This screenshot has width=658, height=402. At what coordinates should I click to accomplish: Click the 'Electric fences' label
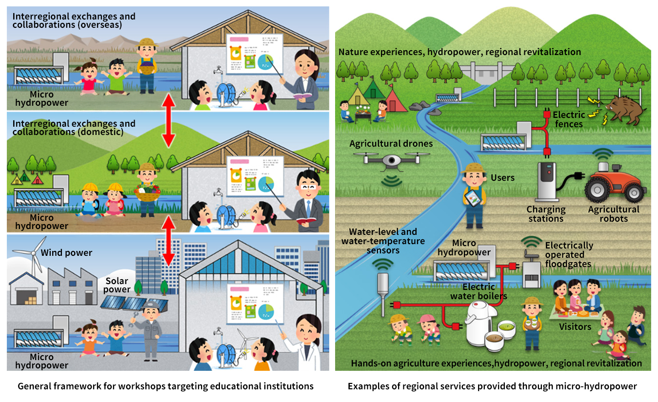point(568,119)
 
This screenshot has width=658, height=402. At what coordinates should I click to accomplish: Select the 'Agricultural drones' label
point(391,144)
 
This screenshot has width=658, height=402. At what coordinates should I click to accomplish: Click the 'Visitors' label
point(575,326)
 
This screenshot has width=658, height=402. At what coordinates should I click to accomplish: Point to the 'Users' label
point(502,177)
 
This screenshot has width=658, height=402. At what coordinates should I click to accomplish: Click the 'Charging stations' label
point(546,214)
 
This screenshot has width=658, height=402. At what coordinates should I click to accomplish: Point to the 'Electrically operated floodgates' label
point(568,255)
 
